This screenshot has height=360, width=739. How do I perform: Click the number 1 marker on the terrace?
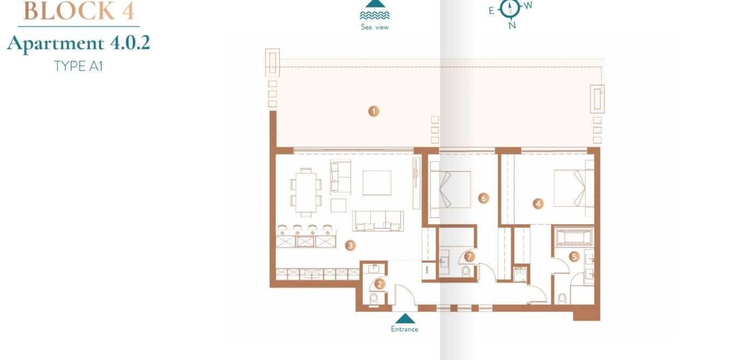click(x=374, y=111)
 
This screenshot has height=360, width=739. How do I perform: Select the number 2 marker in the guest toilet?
click(x=380, y=284)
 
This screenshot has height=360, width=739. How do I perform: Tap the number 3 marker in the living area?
click(x=350, y=245)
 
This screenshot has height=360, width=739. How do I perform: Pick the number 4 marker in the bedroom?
click(x=538, y=203)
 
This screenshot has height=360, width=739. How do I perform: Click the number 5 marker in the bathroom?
click(x=574, y=257)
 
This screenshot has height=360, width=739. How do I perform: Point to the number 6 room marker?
click(x=483, y=199)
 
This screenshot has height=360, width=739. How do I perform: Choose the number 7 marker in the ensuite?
click(x=469, y=257)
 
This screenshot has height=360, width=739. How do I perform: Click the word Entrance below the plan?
click(x=404, y=329)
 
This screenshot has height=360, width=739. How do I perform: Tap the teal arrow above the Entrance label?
click(x=405, y=319)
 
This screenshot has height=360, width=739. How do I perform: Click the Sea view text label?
click(x=375, y=27)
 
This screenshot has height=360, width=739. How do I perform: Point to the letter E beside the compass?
click(x=491, y=10)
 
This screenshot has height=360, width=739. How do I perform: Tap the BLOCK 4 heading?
click(x=79, y=11)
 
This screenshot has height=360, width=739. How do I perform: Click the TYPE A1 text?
click(x=78, y=66)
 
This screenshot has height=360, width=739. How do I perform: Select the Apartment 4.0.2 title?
click(x=79, y=43)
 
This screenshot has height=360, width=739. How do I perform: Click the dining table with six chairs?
click(x=306, y=190)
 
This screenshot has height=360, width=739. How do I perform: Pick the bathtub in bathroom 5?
click(x=573, y=237)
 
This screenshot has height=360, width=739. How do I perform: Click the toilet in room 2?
click(x=374, y=298)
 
